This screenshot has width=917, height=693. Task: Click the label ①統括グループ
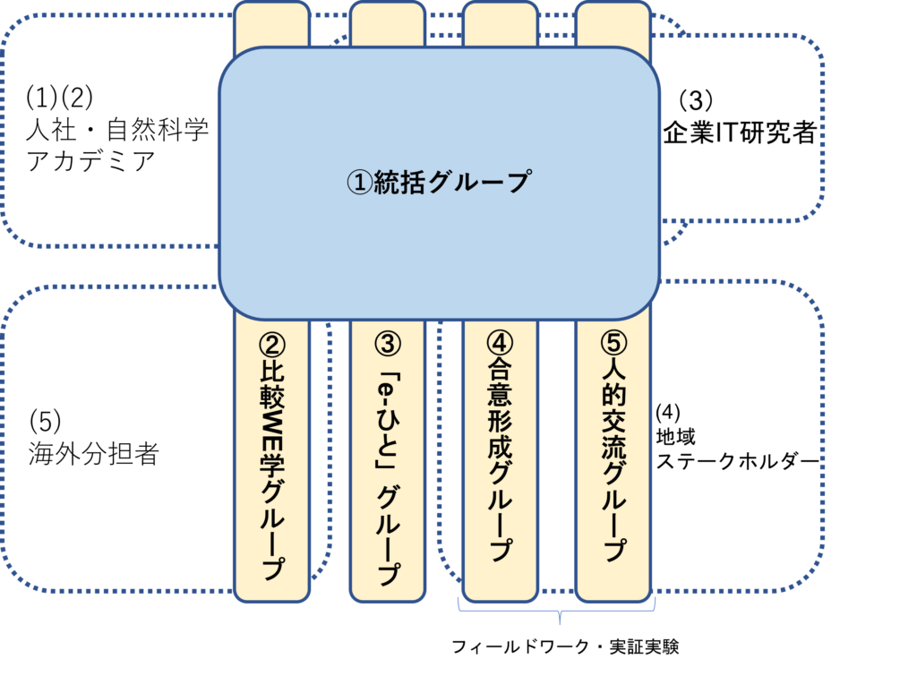click(x=439, y=182)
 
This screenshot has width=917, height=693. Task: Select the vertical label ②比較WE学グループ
click(x=272, y=457)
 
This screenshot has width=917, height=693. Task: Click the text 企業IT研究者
click(x=740, y=133)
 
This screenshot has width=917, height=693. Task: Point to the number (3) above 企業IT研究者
click(x=696, y=98)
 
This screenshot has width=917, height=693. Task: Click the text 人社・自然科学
click(x=116, y=131)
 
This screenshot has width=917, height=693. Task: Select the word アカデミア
click(x=90, y=162)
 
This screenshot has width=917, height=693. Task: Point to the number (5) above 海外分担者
click(x=45, y=420)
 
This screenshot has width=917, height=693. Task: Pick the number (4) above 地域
click(x=668, y=413)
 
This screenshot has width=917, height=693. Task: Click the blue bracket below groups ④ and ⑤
click(x=559, y=613)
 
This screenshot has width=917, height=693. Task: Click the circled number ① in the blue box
click(x=360, y=183)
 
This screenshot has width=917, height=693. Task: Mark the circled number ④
click(x=501, y=343)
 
